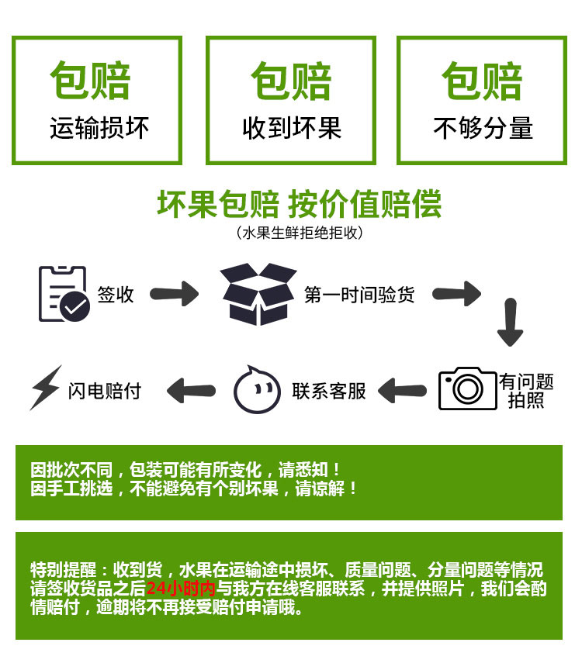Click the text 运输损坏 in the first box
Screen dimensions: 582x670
[x=99, y=128]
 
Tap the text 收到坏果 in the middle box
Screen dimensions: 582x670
[x=292, y=128]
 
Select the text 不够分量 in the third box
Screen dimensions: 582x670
[x=483, y=128]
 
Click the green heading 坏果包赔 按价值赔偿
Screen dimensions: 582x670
[x=299, y=204]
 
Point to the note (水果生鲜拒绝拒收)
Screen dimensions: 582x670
[x=299, y=232]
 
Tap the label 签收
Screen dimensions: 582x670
[x=116, y=295]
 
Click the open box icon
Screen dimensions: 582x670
[x=258, y=294]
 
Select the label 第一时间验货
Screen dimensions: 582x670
[x=359, y=295]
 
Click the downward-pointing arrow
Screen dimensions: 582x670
[x=510, y=322]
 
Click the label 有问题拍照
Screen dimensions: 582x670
[x=526, y=390]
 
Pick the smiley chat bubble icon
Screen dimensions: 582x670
[x=257, y=389]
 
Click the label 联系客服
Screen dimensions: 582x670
[x=329, y=391]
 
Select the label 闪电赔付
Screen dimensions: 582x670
[x=105, y=391]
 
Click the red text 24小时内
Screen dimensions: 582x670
[x=180, y=589]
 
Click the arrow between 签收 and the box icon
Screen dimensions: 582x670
[x=174, y=294]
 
